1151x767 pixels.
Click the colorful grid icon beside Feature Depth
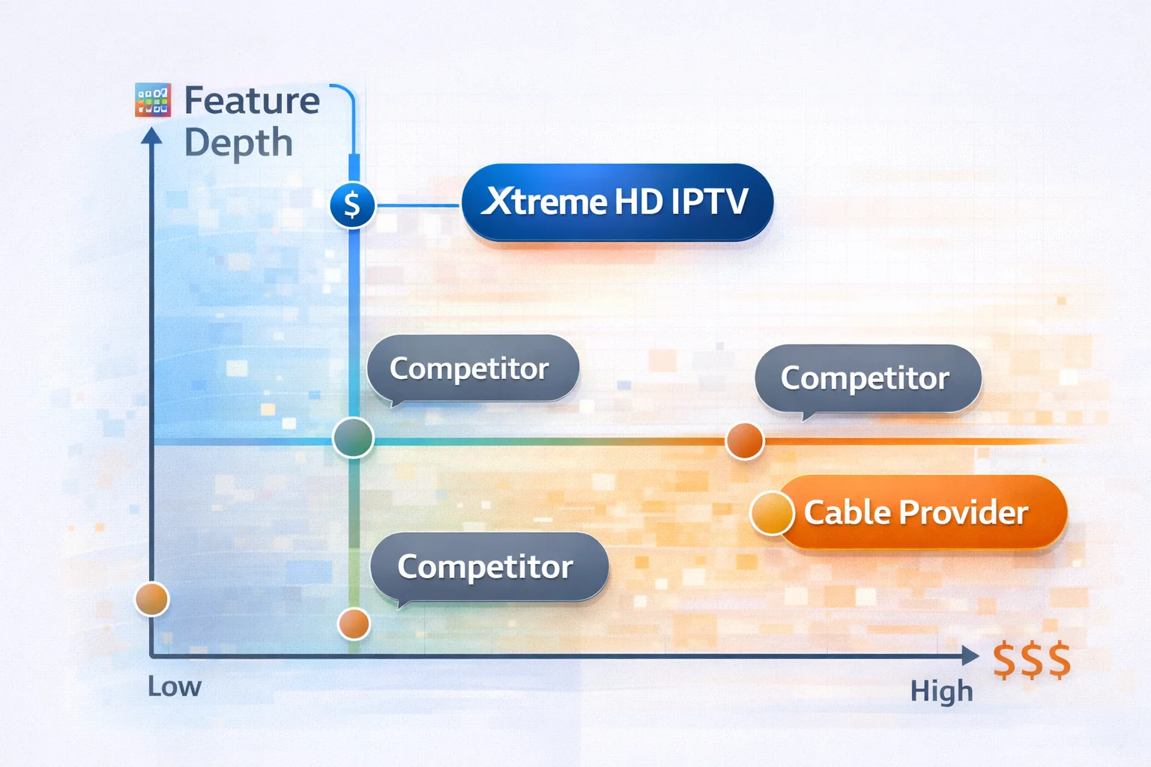click(x=153, y=100)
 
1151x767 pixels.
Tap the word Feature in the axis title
click(x=252, y=100)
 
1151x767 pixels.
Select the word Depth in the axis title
click(x=238, y=143)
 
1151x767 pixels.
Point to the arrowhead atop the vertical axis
click(x=151, y=136)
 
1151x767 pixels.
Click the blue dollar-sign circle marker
click(x=352, y=205)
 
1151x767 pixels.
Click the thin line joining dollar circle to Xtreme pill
click(x=417, y=205)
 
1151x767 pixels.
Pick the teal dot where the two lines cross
click(x=353, y=437)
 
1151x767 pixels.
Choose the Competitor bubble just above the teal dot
click(x=473, y=369)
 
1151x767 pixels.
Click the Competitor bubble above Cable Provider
click(x=868, y=380)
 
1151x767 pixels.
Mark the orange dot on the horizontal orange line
click(x=745, y=440)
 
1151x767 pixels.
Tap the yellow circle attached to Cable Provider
click(x=772, y=513)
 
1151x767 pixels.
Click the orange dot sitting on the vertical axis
click(x=152, y=599)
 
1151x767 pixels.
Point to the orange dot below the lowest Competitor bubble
click(x=354, y=624)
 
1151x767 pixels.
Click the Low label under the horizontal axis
click(x=175, y=686)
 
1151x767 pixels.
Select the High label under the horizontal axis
click(x=941, y=691)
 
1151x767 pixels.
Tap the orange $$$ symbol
click(x=1032, y=661)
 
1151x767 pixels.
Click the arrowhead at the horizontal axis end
click(x=970, y=655)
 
